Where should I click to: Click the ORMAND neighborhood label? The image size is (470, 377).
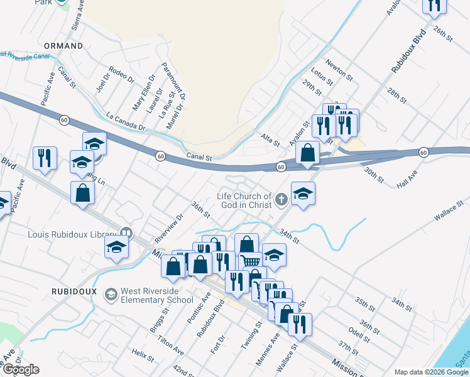coord(63,46)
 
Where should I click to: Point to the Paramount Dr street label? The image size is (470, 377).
coord(173,81)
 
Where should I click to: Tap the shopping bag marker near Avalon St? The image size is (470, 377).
coord(307,153)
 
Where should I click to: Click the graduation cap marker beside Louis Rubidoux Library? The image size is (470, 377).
coord(117,249)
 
